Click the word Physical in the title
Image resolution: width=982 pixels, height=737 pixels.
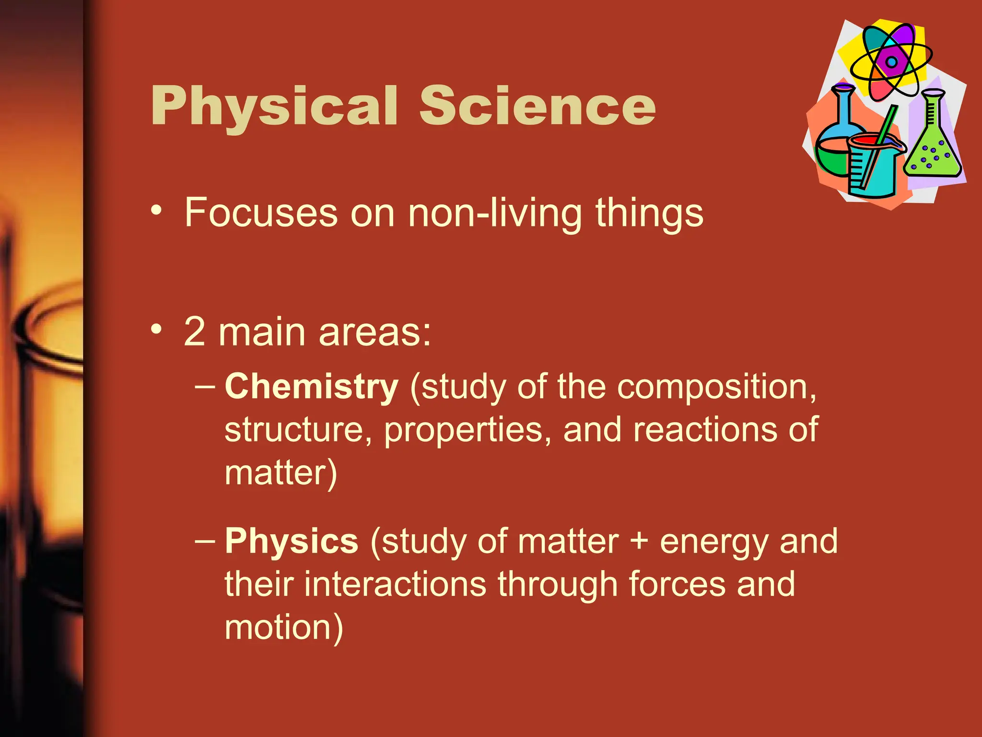pyautogui.click(x=274, y=107)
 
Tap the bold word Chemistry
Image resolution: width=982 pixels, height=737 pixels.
pyautogui.click(x=311, y=387)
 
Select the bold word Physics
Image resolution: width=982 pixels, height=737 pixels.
pyautogui.click(x=291, y=541)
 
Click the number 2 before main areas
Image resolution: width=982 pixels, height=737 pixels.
pyautogui.click(x=195, y=332)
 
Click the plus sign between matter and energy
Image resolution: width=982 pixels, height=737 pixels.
pyautogui.click(x=639, y=541)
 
